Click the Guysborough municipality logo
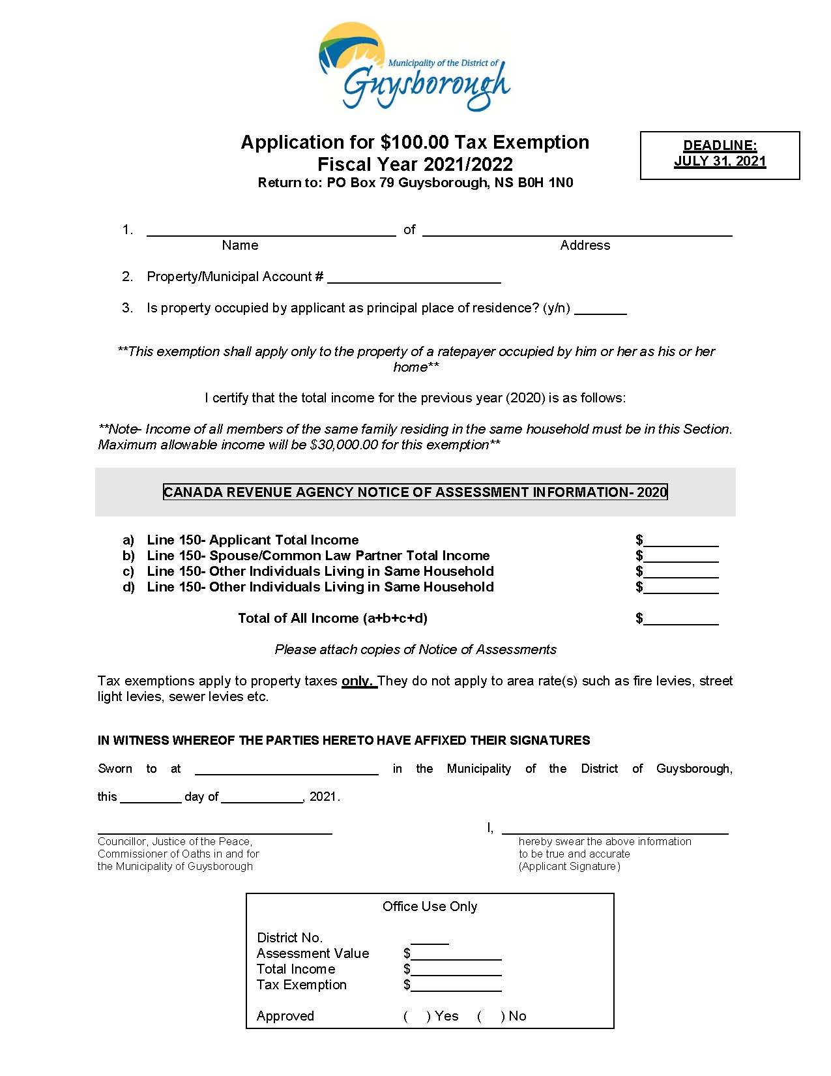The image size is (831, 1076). tap(415, 67)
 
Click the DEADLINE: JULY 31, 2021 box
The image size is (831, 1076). tap(720, 155)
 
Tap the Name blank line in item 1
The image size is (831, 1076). tap(271, 231)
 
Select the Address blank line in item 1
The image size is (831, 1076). tap(577, 231)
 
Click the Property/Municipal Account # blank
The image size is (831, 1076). tap(414, 278)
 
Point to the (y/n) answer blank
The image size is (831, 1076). tap(600, 310)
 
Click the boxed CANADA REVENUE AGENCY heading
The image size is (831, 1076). tap(415, 492)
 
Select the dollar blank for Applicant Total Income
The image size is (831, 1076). tap(680, 542)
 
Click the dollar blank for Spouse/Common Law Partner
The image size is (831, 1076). tap(680, 558)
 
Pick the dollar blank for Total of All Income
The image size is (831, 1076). tap(680, 620)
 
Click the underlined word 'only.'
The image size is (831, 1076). tap(359, 681)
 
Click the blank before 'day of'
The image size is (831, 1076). tap(151, 798)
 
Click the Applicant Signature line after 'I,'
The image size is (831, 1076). tap(615, 830)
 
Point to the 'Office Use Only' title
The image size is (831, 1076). tap(430, 906)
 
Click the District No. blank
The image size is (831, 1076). tap(430, 940)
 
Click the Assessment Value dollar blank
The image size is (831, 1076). tap(456, 955)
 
